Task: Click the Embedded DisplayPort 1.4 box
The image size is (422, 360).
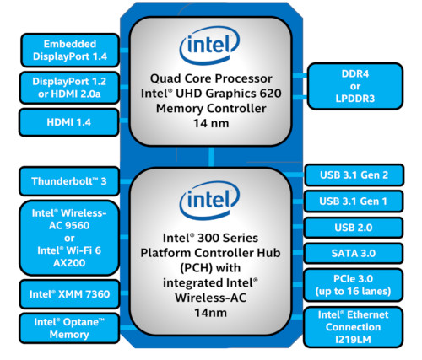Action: tap(70, 51)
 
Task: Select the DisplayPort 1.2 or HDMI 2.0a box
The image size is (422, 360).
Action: tap(69, 88)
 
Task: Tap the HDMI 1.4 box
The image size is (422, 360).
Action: tap(69, 122)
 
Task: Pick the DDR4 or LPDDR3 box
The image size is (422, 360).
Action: tap(355, 86)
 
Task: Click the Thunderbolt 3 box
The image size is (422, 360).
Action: tap(69, 181)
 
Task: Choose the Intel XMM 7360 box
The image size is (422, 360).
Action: tap(69, 294)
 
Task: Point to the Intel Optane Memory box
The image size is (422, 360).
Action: tap(69, 328)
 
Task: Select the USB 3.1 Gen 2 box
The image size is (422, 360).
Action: tap(354, 175)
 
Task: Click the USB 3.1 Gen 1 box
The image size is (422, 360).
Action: tap(354, 201)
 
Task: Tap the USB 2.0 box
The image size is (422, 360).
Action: tap(354, 228)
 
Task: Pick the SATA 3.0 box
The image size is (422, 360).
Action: tap(354, 254)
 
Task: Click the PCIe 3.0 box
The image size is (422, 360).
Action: tap(354, 285)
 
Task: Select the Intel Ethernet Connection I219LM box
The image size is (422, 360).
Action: tap(354, 327)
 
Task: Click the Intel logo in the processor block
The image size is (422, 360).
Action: tap(209, 46)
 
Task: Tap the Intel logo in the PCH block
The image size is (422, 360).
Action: tap(209, 201)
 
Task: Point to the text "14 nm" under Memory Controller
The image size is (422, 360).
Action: tap(211, 123)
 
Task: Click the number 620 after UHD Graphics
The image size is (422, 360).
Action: tap(270, 94)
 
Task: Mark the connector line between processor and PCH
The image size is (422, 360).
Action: tap(211, 157)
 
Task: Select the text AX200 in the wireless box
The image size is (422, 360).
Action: tap(69, 263)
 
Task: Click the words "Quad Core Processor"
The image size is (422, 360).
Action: tap(211, 78)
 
